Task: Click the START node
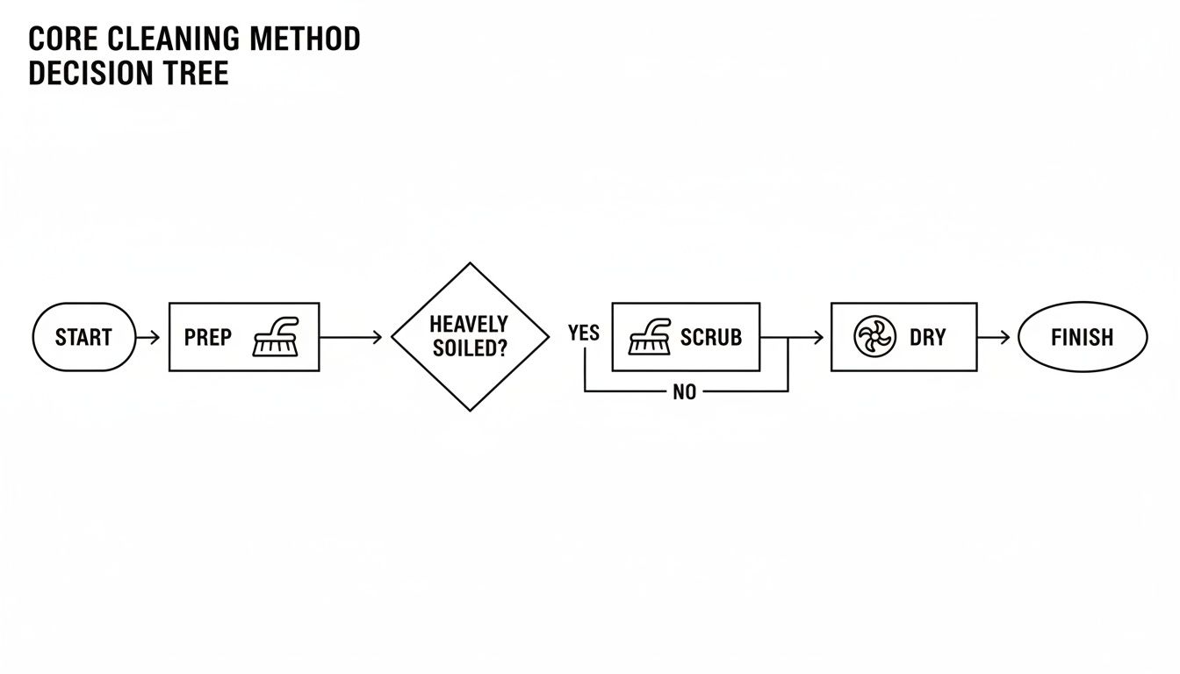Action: coord(83,337)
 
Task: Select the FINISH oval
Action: coord(1082,337)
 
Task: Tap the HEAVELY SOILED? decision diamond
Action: coord(471,337)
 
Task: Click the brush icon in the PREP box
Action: coord(276,337)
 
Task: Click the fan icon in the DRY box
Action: coord(874,337)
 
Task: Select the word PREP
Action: coord(208,337)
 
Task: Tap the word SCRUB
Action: coord(711,337)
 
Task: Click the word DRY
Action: coord(927,337)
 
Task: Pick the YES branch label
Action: coord(583,333)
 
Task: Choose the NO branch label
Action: coord(684,392)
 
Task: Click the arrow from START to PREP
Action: coord(148,337)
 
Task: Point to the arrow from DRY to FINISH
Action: coord(996,337)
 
